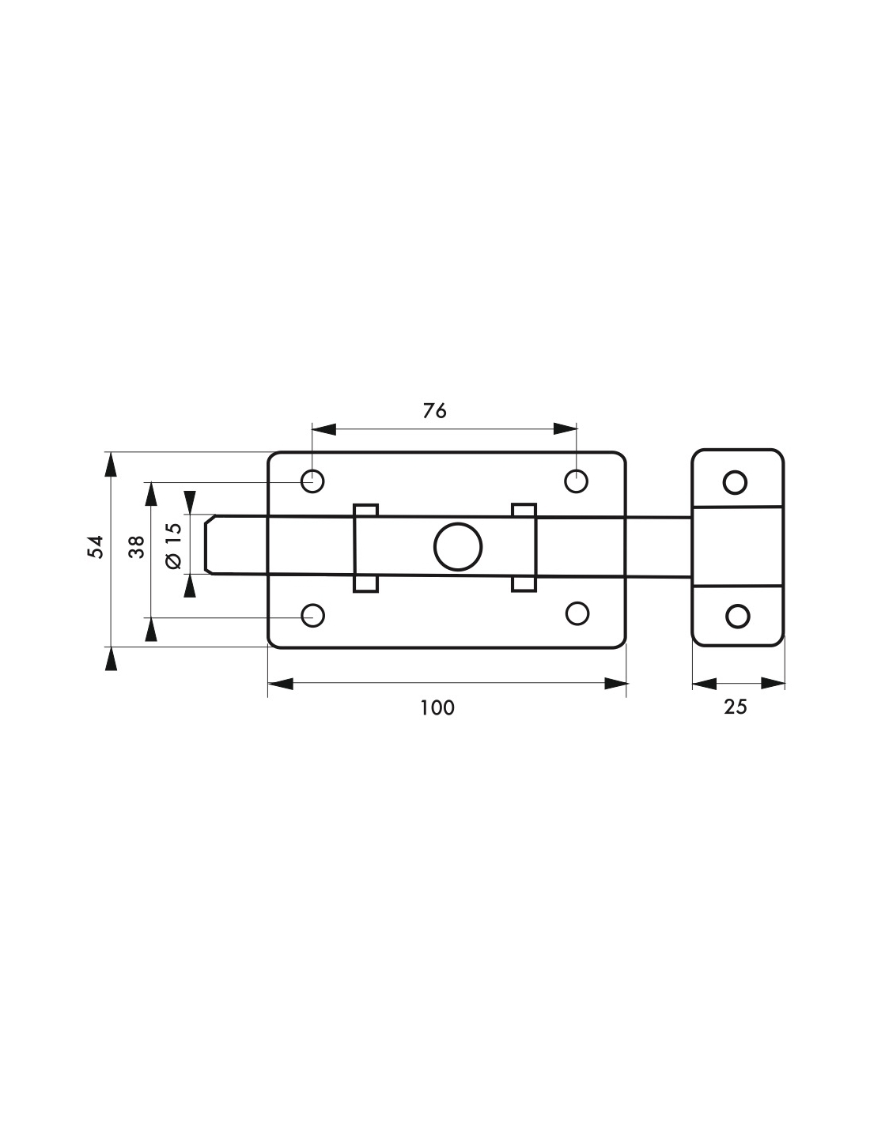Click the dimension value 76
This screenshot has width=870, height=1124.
coord(435,410)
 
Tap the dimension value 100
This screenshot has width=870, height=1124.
coord(437,707)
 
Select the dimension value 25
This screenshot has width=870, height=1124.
coord(736,707)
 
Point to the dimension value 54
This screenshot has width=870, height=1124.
coord(96,546)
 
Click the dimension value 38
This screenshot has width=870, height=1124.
coord(136,546)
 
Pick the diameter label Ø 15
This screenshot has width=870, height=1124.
coord(173,546)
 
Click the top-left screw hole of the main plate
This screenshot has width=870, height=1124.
coord(312,480)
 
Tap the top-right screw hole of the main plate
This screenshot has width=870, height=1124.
coord(577,480)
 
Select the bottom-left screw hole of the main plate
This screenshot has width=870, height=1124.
coord(313,615)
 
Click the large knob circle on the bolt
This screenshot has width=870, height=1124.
coord(458,546)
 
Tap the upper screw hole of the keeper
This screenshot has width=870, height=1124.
coord(736,481)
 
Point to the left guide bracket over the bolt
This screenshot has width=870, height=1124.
coord(365,546)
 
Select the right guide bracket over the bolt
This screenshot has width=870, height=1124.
coord(524,546)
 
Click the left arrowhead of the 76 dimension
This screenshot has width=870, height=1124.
coord(324,429)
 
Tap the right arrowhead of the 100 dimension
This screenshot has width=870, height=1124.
coord(615,684)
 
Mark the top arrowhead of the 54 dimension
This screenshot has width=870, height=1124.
coord(111,464)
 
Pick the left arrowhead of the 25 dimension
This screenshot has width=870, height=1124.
coord(704,684)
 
